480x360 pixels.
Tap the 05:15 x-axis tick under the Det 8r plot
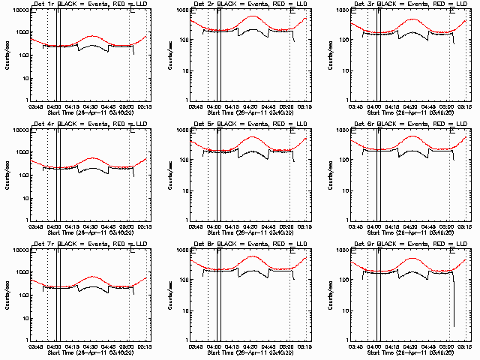[x=306, y=346]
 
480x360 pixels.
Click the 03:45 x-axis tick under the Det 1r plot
[x=36, y=106]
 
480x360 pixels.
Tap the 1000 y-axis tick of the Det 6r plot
[x=341, y=131]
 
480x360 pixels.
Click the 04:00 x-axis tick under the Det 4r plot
[x=54, y=226]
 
